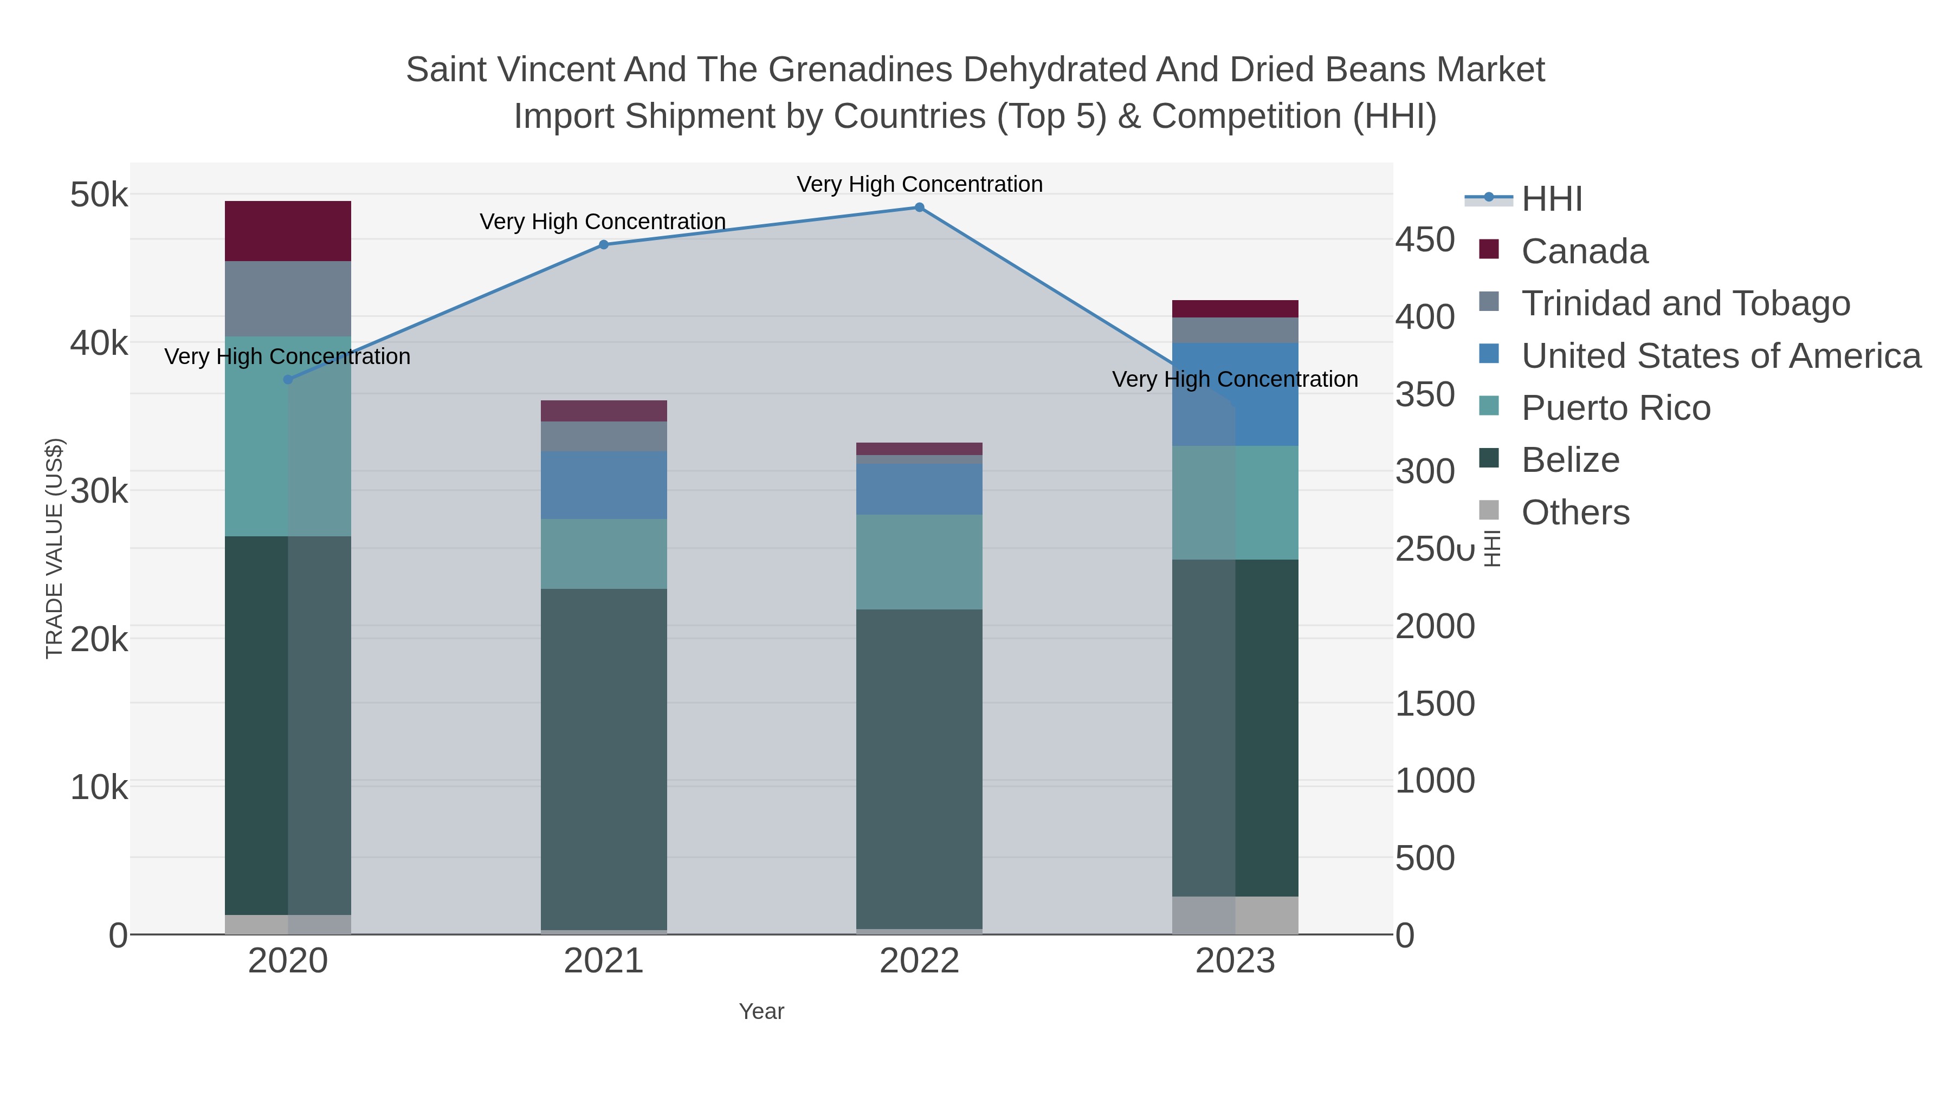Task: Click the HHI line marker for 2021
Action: coord(604,244)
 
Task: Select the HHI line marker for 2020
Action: coord(288,379)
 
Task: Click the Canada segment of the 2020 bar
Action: coord(288,231)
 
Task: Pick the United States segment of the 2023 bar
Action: coord(1235,394)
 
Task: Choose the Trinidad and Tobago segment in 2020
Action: coord(288,298)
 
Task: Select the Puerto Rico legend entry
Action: coord(1616,408)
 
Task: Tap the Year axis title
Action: coord(761,1011)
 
